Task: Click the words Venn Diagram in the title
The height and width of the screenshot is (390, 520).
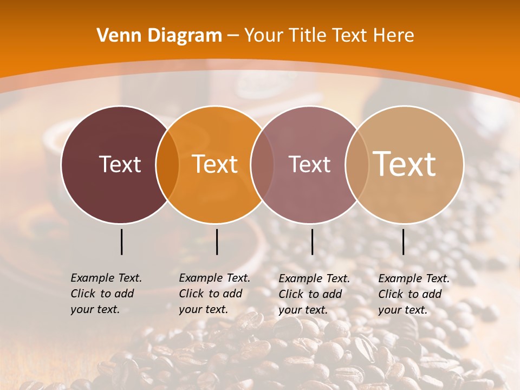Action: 159,36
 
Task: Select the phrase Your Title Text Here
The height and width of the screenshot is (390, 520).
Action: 329,36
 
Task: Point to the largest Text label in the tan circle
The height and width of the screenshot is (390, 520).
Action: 405,164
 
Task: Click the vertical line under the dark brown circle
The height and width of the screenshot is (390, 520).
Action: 121,242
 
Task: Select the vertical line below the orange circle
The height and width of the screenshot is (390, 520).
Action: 217,242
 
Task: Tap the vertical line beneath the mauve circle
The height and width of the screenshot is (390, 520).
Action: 312,242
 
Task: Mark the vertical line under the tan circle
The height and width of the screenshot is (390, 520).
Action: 403,242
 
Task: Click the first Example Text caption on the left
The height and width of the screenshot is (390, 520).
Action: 106,294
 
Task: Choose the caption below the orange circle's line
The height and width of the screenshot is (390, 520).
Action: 214,294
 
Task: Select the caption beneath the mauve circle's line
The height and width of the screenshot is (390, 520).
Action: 314,294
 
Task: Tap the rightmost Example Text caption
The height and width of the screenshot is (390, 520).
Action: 414,294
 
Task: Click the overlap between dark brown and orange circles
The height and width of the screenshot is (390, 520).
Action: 167,165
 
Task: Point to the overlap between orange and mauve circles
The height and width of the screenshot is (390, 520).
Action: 262,165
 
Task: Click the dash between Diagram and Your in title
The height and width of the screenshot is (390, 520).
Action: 233,36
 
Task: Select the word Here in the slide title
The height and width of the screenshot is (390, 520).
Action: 396,36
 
